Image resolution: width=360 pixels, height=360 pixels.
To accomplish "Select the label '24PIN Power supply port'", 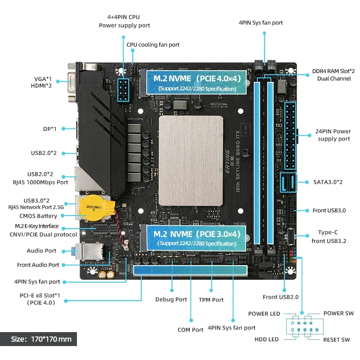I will tap(334, 135).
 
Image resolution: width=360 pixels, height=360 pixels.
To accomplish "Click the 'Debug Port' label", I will tap(171, 299).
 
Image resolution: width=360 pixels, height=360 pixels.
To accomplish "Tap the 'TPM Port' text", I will tap(211, 299).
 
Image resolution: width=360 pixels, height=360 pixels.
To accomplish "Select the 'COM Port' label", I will tap(190, 330).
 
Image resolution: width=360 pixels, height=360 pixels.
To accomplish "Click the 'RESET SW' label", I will tap(336, 340).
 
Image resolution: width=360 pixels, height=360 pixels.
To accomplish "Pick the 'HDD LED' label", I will tap(267, 339).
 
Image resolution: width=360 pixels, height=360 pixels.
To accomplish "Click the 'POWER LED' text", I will tap(264, 314).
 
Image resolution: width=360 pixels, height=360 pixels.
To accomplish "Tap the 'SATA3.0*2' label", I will tap(328, 182).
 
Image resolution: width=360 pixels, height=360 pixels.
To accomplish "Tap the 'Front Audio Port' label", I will tap(38, 265).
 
